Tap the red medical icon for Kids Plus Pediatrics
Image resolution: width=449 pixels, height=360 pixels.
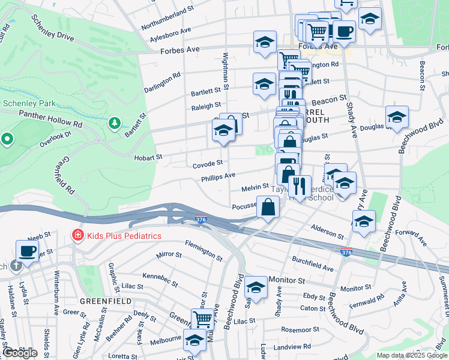tap(77, 235)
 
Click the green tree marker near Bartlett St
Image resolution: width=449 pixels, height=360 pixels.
tap(114, 123)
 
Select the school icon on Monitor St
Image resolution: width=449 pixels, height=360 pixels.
tap(256, 287)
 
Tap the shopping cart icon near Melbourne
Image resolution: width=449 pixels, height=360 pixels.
tap(203, 319)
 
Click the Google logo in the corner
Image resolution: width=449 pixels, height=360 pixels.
tap(19, 353)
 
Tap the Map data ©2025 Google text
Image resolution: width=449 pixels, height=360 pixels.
tap(412, 355)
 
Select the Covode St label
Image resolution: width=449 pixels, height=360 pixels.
tap(208, 164)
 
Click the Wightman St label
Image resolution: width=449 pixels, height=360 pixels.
tap(226, 71)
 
